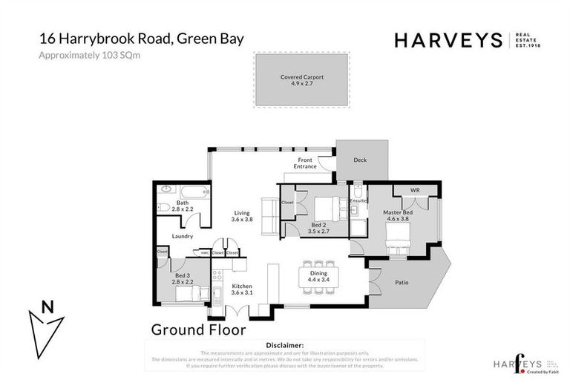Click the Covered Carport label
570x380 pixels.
tap(302, 76)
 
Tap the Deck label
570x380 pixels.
tap(359, 160)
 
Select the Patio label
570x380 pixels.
tap(402, 282)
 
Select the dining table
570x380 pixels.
tap(318, 278)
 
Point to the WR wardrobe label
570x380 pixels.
tap(414, 191)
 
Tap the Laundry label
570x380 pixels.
tap(182, 237)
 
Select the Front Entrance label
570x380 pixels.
tap(305, 163)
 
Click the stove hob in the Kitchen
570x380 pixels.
tap(218, 278)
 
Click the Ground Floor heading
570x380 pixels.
tap(198, 328)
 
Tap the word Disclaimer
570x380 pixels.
tap(284, 345)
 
